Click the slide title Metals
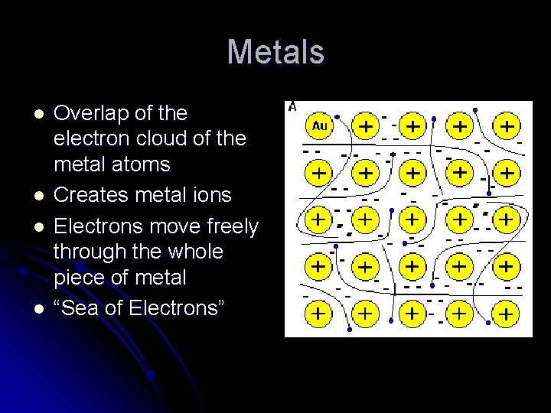[x=275, y=53]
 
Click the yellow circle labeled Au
[x=320, y=126]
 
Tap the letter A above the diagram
[x=293, y=106]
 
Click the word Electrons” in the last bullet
[x=179, y=308]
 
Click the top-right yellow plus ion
[x=506, y=126]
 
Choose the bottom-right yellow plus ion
[x=506, y=314]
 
